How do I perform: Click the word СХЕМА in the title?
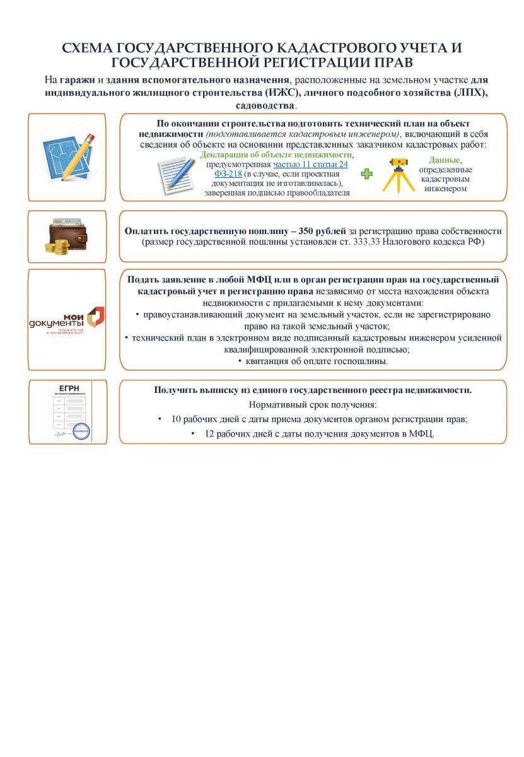[85, 48]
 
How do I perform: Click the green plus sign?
[366, 173]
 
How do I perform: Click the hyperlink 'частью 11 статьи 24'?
[310, 164]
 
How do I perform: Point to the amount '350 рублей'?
[317, 231]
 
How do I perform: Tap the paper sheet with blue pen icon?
[178, 173]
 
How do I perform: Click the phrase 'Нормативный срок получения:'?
[313, 404]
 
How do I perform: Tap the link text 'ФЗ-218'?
[228, 173]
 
